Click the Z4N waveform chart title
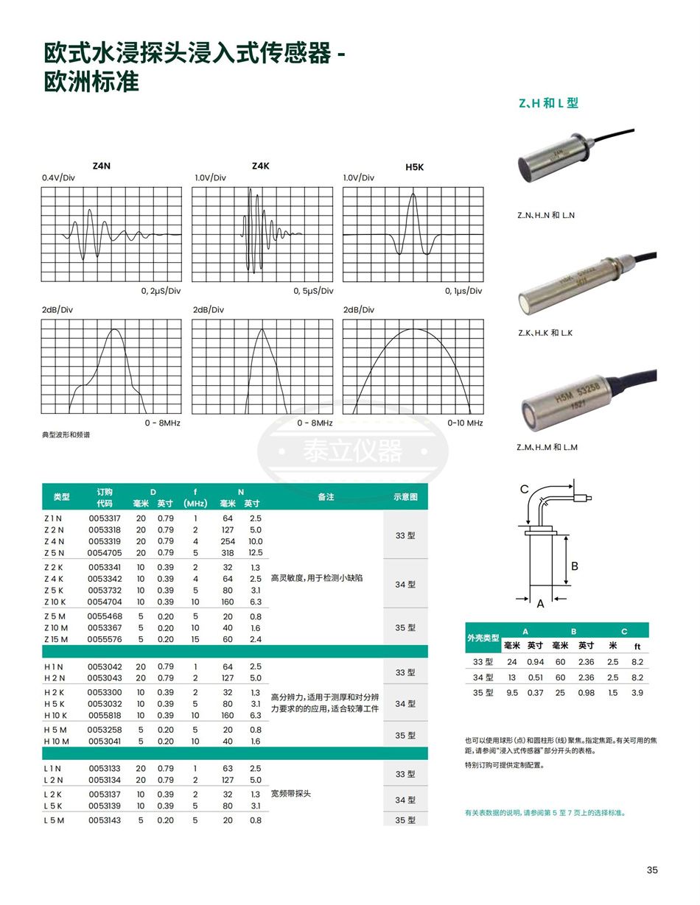(x=102, y=166)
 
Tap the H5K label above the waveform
(x=415, y=167)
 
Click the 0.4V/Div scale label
(x=58, y=178)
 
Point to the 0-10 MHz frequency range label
(x=465, y=423)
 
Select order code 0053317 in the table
(x=105, y=518)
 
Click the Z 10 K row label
(x=55, y=602)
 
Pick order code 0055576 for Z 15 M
(x=105, y=639)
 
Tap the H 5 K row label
(x=55, y=703)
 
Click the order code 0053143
(x=105, y=820)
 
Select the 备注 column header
(x=326, y=497)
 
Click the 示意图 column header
(x=405, y=497)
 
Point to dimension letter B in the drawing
(x=575, y=566)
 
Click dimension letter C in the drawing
(x=525, y=490)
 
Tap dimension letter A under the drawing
(x=540, y=604)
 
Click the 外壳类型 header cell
(x=483, y=638)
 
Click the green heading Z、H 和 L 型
(x=548, y=103)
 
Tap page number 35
(x=652, y=870)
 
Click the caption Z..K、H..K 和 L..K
(x=545, y=333)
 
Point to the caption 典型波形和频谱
(x=66, y=435)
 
